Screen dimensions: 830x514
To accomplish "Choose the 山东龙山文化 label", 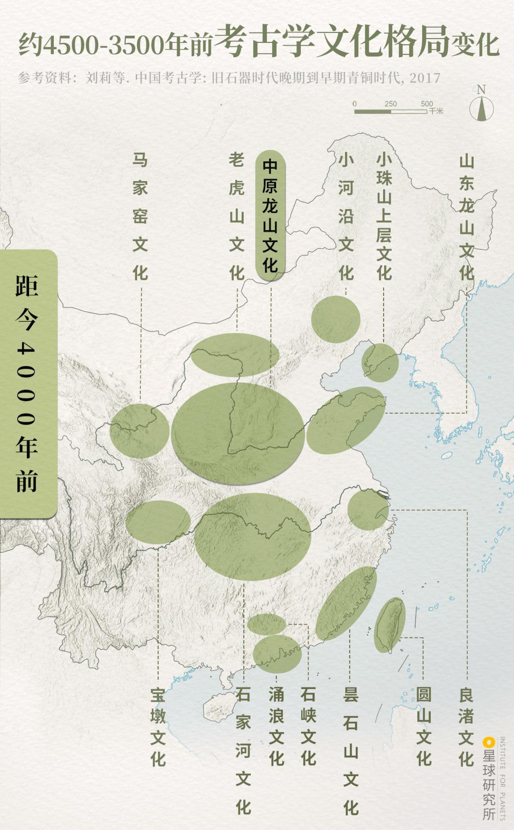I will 466,217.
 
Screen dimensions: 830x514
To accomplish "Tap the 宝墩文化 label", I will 158,727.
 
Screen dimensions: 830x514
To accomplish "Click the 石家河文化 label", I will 243,750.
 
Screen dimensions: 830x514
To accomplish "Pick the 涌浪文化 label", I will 277,727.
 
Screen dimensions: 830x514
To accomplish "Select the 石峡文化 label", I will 308,727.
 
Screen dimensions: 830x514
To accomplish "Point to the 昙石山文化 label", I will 351,750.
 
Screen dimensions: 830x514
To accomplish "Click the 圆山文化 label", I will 424,727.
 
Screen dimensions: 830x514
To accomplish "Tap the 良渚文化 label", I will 466,727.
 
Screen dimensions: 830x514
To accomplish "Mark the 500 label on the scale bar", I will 426,104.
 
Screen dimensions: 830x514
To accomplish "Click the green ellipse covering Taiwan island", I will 390,625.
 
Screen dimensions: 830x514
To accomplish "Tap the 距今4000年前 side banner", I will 27,384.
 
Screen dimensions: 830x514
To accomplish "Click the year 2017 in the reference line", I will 425,78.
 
